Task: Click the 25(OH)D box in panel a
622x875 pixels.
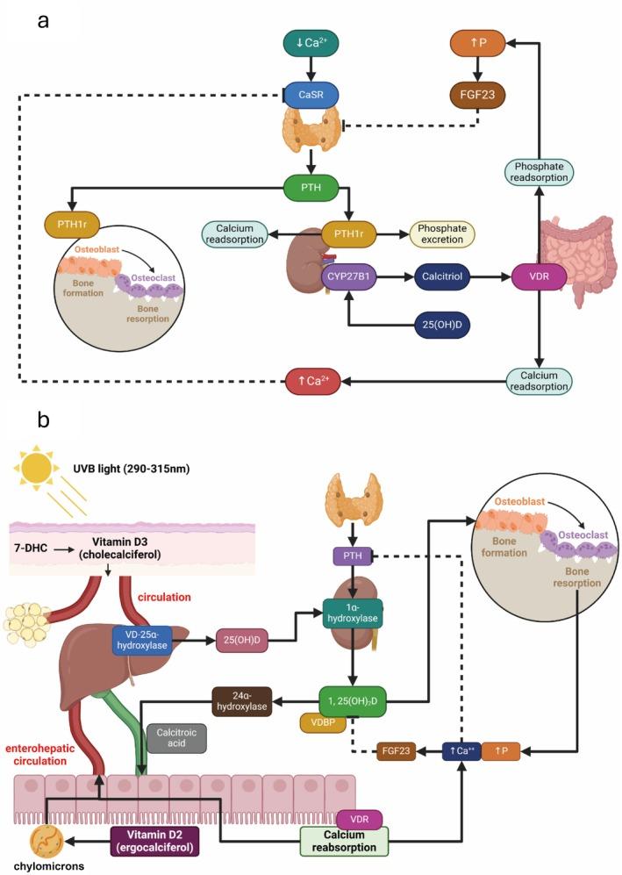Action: click(443, 324)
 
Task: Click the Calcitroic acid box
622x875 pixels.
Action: click(176, 737)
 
